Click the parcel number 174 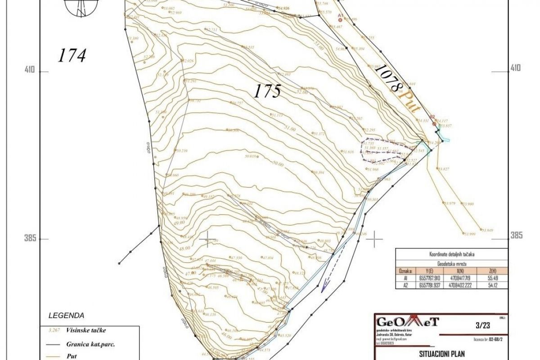(72, 56)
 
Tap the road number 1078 (387, 78)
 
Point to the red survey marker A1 (341, 19)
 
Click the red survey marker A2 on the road (433, 122)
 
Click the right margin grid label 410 (516, 68)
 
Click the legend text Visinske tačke (85, 330)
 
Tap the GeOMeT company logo (408, 322)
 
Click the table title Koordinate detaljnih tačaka (451, 254)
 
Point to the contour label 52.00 (302, 92)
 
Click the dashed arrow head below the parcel (323, 289)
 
